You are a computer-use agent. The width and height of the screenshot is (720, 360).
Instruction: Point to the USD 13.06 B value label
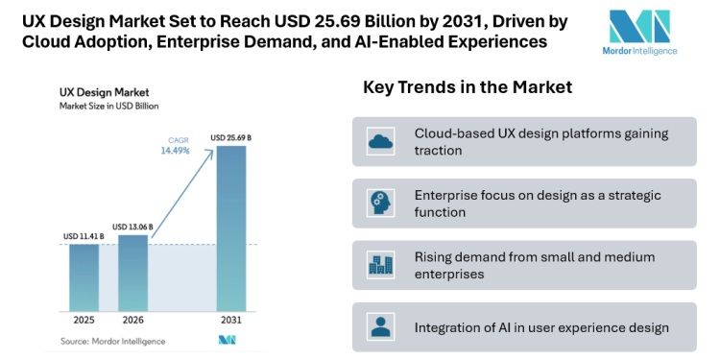pos(133,227)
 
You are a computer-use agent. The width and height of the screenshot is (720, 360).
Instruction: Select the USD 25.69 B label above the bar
pos(231,138)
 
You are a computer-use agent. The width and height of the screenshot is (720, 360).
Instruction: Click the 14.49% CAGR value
pos(174,151)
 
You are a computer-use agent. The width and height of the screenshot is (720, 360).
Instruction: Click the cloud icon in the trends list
pos(381,142)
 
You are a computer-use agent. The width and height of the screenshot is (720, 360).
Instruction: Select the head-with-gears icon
pos(381,204)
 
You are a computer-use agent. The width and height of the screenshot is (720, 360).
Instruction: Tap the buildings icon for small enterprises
pos(381,265)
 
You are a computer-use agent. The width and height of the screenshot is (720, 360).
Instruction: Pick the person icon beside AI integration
pos(381,326)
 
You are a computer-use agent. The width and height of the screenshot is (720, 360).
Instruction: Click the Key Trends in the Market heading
pos(468,87)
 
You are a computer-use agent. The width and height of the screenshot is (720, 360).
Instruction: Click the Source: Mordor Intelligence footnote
pos(113,341)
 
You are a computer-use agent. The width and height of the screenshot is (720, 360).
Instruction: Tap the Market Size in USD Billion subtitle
pos(108,106)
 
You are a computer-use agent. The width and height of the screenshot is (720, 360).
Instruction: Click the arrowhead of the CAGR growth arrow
pos(212,146)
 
